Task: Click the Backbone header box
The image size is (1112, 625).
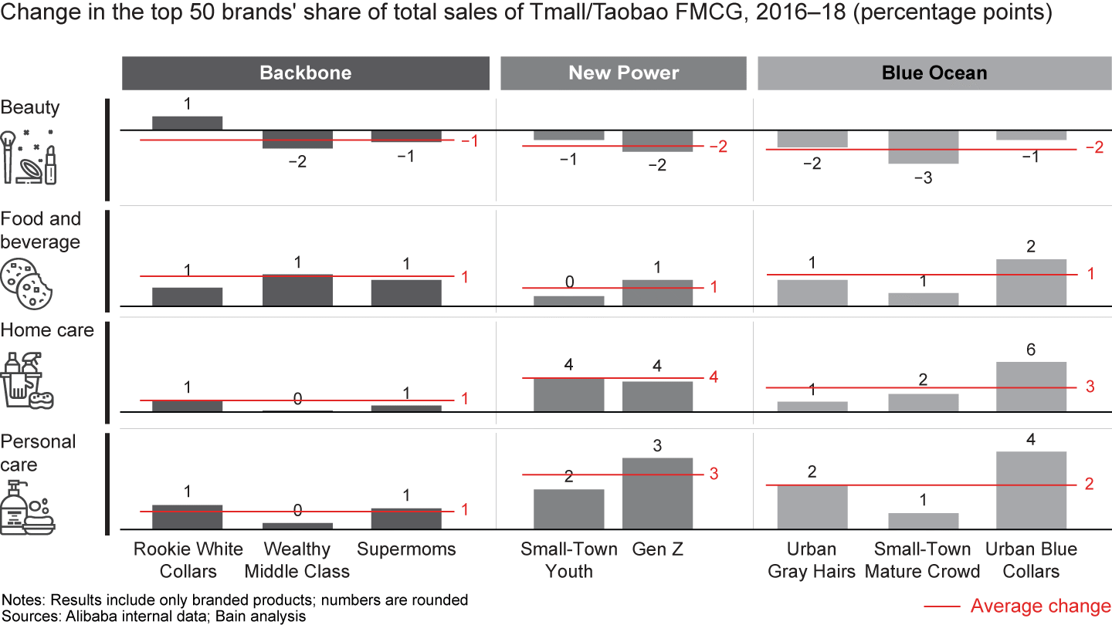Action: coord(305,73)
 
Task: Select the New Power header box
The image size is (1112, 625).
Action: coord(623,73)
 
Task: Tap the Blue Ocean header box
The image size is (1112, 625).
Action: coord(934,73)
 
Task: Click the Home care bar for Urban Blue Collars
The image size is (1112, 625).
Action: coord(1031,387)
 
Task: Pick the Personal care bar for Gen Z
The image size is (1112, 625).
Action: coord(657,493)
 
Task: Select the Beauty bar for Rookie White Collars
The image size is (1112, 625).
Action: coord(187,123)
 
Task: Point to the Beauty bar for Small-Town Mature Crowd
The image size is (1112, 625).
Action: coord(923,147)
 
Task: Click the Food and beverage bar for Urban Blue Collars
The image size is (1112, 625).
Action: coord(1031,282)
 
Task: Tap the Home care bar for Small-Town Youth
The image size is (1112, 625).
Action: coord(569,394)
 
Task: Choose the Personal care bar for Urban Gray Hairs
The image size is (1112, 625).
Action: coord(812,507)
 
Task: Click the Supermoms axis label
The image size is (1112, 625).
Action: coord(406,549)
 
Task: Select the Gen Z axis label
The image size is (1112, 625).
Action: coord(657,549)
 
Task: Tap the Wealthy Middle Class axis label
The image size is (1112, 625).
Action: coord(297,560)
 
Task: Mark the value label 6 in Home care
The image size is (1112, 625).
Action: coord(1031,350)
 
